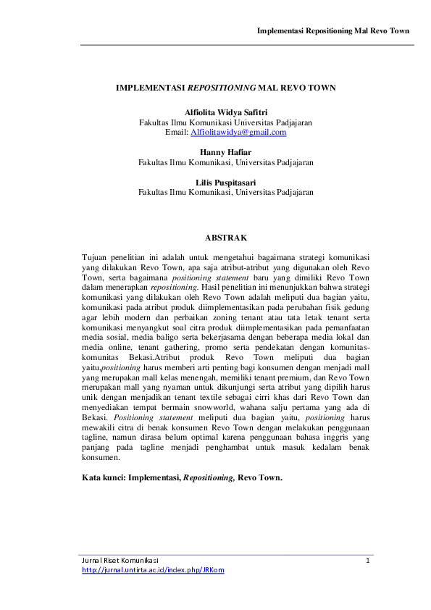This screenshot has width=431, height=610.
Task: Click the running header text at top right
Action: coord(334,31)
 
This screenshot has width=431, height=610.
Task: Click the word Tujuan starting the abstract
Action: coord(96,257)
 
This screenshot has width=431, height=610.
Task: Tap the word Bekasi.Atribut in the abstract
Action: coord(146,358)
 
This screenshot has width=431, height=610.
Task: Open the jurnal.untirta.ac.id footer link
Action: coord(153,570)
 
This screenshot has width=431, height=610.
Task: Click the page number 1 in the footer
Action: coord(368,560)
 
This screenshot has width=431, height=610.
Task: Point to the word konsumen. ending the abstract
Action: coord(102,459)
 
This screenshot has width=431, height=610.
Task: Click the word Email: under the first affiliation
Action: coord(177,133)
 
